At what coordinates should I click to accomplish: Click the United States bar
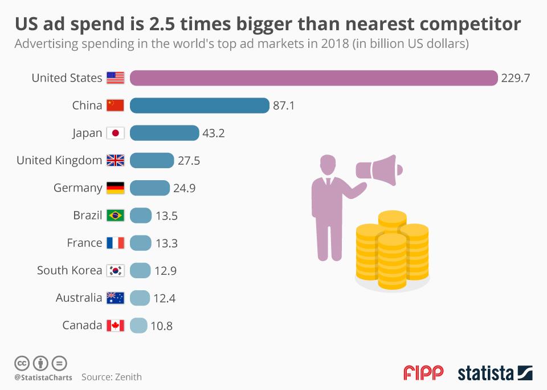coord(313,78)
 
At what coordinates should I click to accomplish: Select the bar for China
coord(199,105)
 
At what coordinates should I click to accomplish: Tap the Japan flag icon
coord(116,133)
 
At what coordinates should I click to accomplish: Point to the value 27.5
coord(189,161)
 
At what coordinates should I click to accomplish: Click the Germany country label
coord(78,188)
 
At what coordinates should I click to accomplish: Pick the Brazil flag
coord(116,216)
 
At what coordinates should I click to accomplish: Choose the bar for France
coord(141,243)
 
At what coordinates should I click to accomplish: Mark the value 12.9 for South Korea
coord(165,271)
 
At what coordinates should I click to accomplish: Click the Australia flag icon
coord(116,298)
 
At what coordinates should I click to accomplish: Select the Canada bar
coord(138,326)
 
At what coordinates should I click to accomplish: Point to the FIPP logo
coord(423,373)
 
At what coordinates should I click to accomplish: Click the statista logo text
coord(485,373)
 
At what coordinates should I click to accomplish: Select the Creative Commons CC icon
coord(22,363)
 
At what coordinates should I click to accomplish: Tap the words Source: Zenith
coord(112,377)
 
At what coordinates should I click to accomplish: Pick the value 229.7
coord(516,78)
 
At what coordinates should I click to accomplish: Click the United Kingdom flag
coord(116,161)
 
